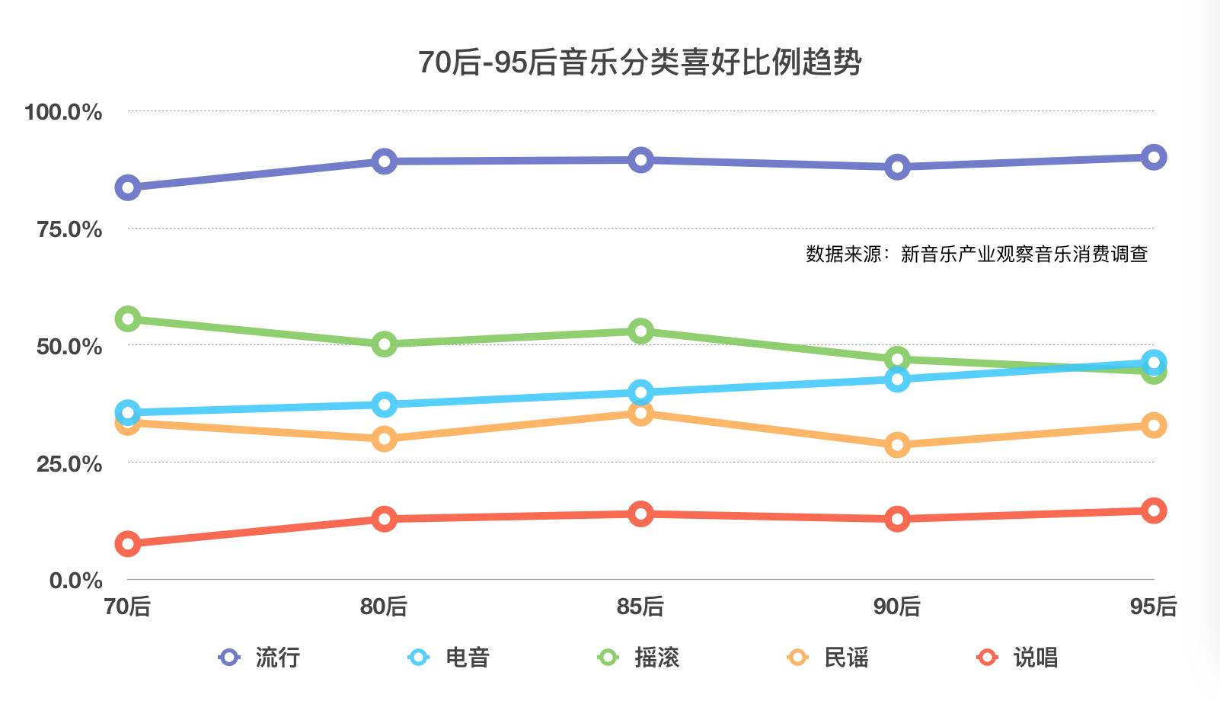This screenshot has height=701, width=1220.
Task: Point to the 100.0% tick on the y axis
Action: (x=63, y=112)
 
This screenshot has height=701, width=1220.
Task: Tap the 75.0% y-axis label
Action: (x=69, y=229)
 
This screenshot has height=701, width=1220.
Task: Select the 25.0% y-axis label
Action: (x=69, y=463)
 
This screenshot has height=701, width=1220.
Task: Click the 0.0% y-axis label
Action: (x=75, y=581)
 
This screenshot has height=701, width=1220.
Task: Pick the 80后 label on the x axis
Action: (x=384, y=607)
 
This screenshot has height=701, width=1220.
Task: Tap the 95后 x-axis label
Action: (x=1153, y=607)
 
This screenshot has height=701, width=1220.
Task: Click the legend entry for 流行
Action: (x=260, y=657)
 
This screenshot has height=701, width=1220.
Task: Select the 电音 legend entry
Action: (x=450, y=657)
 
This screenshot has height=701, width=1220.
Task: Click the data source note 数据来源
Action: (x=976, y=254)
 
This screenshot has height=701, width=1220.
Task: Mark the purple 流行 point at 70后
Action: (x=127, y=187)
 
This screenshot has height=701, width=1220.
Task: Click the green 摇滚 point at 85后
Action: (x=640, y=331)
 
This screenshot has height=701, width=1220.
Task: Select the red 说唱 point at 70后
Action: (x=127, y=544)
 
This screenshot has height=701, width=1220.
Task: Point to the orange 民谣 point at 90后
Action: (x=897, y=445)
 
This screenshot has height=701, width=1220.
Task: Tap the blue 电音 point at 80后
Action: (x=384, y=405)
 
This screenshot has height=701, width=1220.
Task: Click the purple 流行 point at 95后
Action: (x=1154, y=158)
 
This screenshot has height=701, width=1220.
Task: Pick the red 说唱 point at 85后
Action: (x=640, y=514)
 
